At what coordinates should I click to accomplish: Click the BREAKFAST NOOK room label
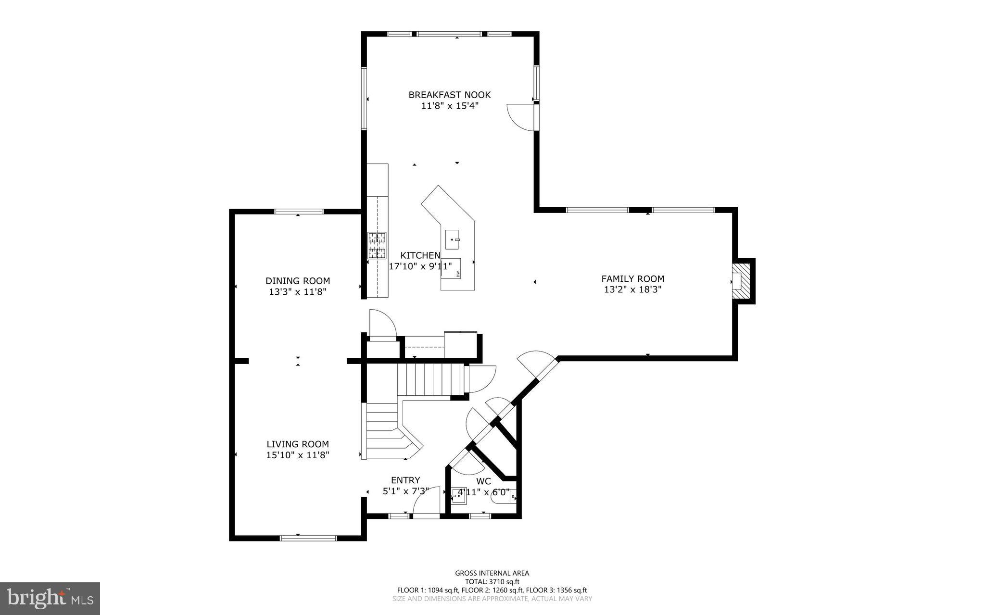[450, 95]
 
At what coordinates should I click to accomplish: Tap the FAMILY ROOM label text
[633, 279]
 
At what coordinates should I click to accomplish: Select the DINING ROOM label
[298, 281]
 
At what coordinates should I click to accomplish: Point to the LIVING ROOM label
[298, 444]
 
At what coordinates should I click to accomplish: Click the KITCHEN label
[420, 255]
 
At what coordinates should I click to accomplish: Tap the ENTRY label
[405, 480]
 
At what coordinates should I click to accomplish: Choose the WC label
[483, 481]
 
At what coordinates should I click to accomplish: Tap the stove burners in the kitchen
[377, 246]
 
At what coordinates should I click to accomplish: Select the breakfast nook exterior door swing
[520, 117]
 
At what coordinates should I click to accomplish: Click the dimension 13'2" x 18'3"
[633, 289]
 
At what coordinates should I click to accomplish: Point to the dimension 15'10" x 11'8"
[298, 455]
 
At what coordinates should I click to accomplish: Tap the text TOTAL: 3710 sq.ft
[492, 581]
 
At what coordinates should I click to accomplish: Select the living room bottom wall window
[308, 538]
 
